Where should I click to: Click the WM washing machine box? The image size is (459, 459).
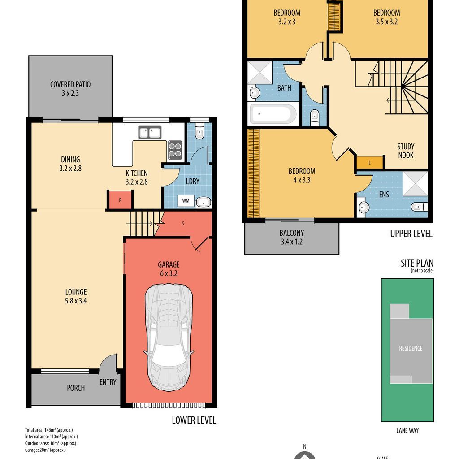(186, 201)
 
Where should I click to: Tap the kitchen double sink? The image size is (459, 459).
(150, 132)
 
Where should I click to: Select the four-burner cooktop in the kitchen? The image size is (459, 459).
(175, 150)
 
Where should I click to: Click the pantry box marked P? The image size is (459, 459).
(120, 200)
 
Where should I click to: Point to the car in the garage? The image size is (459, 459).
(169, 337)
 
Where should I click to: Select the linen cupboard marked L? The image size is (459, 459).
(370, 163)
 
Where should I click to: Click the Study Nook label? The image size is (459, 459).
(406, 151)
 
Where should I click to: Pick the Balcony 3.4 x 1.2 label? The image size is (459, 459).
(291, 238)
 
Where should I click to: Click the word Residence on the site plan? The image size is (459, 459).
(411, 348)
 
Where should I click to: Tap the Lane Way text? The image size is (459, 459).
(407, 430)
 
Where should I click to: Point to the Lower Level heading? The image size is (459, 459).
(194, 420)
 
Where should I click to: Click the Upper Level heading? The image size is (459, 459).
(411, 234)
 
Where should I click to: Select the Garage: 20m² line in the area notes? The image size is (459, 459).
(45, 450)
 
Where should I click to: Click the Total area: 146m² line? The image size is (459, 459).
(49, 430)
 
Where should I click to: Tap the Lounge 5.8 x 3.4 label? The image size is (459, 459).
(76, 296)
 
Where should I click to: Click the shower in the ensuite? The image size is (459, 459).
(415, 183)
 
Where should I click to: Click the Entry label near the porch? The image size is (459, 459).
(108, 382)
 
